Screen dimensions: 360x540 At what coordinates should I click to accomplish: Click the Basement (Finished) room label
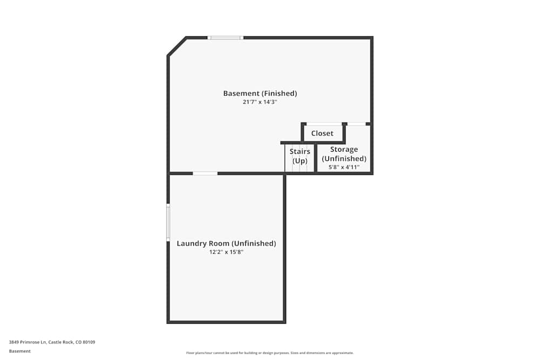coord(260,93)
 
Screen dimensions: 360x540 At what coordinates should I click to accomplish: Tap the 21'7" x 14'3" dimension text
coord(260,102)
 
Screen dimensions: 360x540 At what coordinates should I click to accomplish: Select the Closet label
coord(322,133)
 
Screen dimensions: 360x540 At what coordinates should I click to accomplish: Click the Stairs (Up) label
coord(300,156)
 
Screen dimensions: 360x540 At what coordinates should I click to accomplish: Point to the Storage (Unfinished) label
coord(344,154)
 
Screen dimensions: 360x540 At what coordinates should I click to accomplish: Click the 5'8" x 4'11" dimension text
coord(344,167)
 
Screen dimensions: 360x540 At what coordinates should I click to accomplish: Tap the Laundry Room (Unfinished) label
coord(226,243)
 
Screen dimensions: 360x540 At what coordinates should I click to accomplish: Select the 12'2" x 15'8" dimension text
coord(226,252)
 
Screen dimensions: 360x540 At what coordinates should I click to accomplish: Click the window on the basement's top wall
coord(226,38)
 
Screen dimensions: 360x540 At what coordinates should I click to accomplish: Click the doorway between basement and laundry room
coord(205,173)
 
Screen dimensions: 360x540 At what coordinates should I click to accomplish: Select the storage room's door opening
coord(356,124)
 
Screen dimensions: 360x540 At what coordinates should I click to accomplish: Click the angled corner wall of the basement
coord(177,46)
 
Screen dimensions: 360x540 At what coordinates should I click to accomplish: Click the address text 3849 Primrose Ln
coord(28,342)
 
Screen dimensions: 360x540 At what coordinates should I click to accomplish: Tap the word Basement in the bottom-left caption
coord(20,351)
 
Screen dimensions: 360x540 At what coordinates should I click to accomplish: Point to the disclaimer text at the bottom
coord(270,353)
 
